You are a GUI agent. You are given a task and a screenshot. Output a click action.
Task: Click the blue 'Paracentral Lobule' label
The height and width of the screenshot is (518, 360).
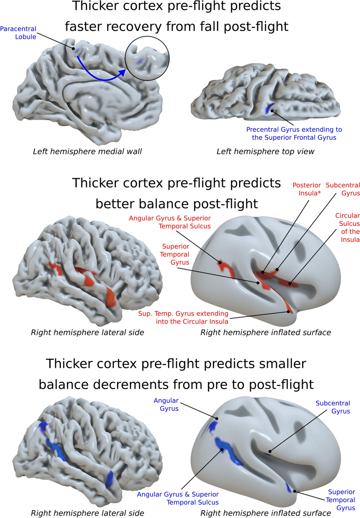click(18, 33)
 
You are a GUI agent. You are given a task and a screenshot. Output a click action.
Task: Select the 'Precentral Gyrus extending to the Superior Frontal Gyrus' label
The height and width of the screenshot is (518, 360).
click(294, 134)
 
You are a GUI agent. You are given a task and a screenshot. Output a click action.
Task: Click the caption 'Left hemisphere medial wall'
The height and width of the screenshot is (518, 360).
click(87, 151)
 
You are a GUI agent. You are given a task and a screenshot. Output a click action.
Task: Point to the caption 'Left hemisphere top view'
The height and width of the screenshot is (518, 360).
click(265, 151)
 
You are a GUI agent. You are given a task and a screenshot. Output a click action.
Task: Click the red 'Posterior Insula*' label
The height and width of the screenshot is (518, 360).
click(307, 189)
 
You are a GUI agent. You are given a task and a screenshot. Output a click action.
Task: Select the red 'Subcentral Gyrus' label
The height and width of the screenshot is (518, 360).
click(343, 189)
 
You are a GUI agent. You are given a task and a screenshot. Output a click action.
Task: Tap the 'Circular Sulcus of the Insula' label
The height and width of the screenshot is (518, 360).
click(348, 227)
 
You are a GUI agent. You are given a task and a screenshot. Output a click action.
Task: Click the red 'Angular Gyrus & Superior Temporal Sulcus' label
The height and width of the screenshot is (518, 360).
click(170, 222)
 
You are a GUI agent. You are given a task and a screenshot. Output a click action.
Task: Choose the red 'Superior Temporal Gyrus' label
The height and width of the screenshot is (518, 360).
click(175, 254)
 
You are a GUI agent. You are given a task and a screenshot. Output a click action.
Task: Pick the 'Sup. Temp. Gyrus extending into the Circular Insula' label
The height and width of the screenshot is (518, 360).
click(183, 318)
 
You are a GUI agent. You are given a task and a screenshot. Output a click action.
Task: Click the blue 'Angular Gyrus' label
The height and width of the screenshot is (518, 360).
click(166, 404)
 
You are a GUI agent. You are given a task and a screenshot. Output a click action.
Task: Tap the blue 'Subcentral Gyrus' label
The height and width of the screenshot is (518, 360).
click(333, 407)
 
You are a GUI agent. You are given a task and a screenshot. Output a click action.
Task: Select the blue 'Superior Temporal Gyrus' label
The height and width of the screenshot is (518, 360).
click(341, 499)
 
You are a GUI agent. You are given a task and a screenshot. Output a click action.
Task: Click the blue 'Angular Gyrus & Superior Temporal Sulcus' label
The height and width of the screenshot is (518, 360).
click(178, 498)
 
